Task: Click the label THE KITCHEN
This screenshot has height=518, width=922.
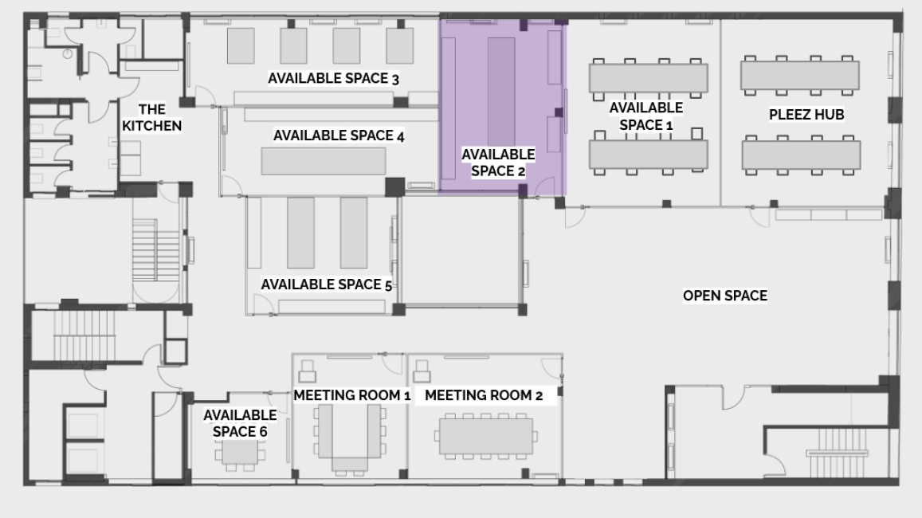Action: [x=151, y=118]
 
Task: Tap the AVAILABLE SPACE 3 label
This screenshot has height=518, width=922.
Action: [x=333, y=78]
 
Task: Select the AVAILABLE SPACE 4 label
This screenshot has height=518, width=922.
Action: [x=339, y=135]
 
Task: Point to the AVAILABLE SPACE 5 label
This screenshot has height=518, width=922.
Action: [x=327, y=285]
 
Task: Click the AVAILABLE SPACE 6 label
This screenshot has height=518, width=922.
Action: [x=240, y=423]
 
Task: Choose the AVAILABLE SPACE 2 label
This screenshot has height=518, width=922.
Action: [x=498, y=163]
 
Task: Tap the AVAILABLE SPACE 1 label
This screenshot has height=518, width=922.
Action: [x=645, y=116]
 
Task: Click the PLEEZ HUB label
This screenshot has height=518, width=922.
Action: [x=806, y=115]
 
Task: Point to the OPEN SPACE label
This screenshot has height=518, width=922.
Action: [x=725, y=296]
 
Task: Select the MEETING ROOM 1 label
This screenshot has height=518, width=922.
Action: [x=351, y=395]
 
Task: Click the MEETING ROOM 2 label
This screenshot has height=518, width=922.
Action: [x=484, y=395]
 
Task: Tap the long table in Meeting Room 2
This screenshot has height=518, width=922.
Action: [x=485, y=436]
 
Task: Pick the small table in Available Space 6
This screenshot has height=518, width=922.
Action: [x=240, y=452]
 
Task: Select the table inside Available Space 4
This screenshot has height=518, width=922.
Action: [x=324, y=161]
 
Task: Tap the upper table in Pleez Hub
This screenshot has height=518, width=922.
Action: [x=800, y=75]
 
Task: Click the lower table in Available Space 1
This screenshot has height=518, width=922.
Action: [x=649, y=155]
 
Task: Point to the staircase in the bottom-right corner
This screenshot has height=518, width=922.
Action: [x=838, y=452]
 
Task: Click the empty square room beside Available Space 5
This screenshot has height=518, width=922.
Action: [x=461, y=251]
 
